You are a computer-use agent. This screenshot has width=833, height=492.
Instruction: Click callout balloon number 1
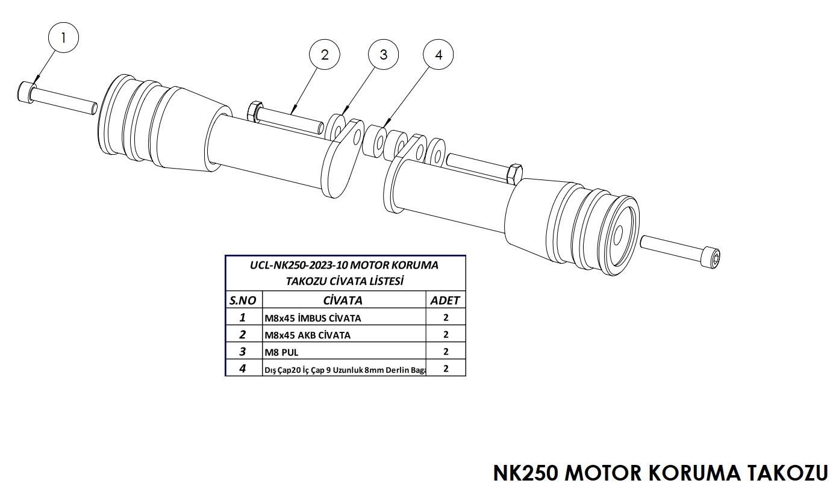[x=63, y=38]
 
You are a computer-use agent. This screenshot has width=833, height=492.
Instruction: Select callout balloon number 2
[x=325, y=55]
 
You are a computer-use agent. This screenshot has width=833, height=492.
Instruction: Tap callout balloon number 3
[x=383, y=55]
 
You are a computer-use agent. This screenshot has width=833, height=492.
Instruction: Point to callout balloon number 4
[x=438, y=55]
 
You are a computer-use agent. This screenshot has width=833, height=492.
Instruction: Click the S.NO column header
[x=243, y=300]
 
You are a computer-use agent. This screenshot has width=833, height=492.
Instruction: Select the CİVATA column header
[x=343, y=300]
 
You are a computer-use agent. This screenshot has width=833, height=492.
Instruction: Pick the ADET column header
[x=445, y=300]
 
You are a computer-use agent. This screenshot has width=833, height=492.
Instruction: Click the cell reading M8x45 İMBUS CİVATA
[x=313, y=318]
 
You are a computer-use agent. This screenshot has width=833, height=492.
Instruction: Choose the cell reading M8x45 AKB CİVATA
[x=307, y=335]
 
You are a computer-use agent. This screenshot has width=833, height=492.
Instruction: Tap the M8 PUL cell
[x=282, y=352]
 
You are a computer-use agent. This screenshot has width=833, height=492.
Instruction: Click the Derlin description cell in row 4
[x=345, y=369]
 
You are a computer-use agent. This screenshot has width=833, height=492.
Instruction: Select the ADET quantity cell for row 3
[x=445, y=352]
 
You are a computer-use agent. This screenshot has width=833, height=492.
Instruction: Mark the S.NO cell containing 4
[x=243, y=369]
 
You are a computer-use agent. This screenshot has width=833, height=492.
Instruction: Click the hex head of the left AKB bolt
[x=254, y=111]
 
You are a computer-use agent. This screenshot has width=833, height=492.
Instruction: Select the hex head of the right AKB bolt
[x=515, y=173]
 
